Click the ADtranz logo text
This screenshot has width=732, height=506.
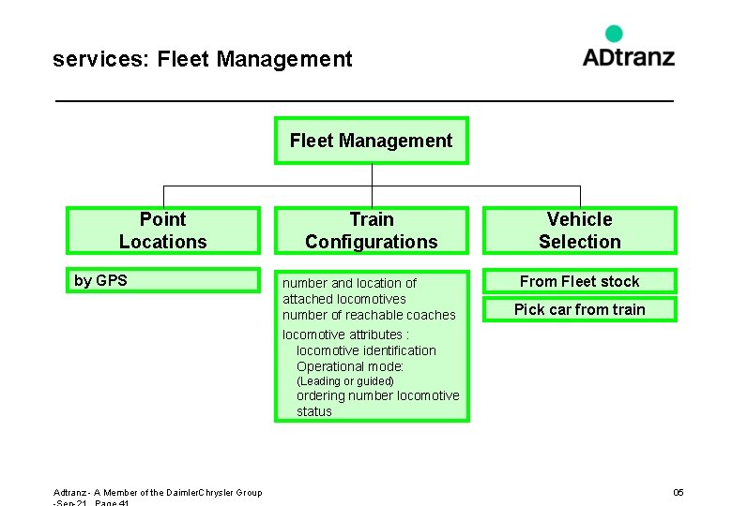(x=628, y=56)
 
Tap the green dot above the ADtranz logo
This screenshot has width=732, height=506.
(x=614, y=34)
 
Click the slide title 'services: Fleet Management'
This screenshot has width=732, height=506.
(x=203, y=60)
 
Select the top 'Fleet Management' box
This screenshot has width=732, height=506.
(x=371, y=141)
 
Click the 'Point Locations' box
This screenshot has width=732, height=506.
(x=162, y=231)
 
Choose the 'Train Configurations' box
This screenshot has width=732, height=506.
(x=371, y=231)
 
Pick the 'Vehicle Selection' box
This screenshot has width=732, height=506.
(x=579, y=231)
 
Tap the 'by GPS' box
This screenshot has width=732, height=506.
(x=162, y=280)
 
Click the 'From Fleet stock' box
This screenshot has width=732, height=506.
(x=579, y=281)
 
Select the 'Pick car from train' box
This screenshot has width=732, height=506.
(x=579, y=309)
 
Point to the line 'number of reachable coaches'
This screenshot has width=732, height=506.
(x=369, y=315)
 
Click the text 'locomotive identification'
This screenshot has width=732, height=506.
(x=366, y=350)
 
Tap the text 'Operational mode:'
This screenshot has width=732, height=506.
(x=350, y=366)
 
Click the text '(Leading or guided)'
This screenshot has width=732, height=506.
(x=344, y=381)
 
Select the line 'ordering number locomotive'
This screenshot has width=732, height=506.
(x=377, y=395)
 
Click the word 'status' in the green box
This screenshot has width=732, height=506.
(x=314, y=411)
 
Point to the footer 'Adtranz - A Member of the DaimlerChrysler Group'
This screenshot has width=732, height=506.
(x=158, y=493)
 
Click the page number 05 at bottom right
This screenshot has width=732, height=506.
(x=679, y=493)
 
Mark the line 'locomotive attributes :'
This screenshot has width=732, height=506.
(x=345, y=335)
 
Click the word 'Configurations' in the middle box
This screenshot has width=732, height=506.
(x=371, y=242)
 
